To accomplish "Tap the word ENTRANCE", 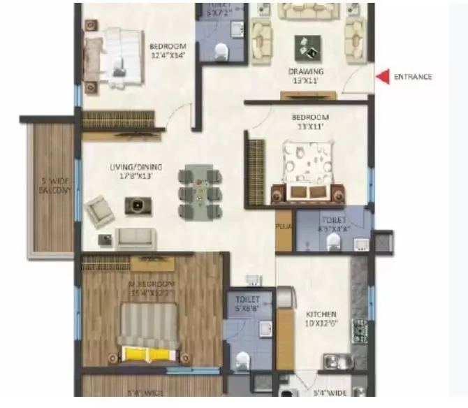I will pyautogui.click(x=413, y=77).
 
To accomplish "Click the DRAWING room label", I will pyautogui.click(x=306, y=71).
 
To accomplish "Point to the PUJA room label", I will pyautogui.click(x=283, y=227).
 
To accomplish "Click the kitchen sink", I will pyautogui.click(x=338, y=361).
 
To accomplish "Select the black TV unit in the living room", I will pyautogui.click(x=138, y=205).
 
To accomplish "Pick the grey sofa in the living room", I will pyautogui.click(x=137, y=238).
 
